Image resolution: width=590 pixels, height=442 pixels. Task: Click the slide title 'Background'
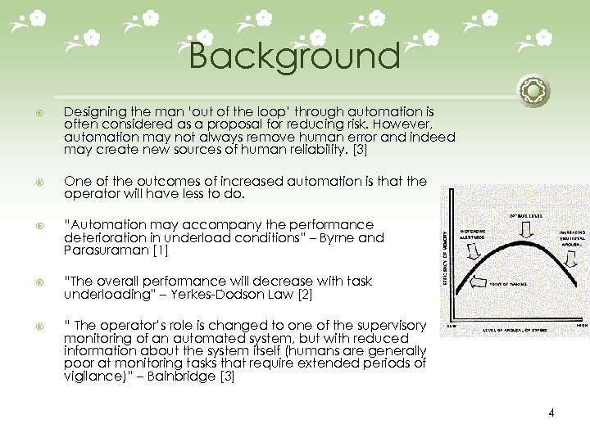[294, 57]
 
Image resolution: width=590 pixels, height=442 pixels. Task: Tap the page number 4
[551, 413]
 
